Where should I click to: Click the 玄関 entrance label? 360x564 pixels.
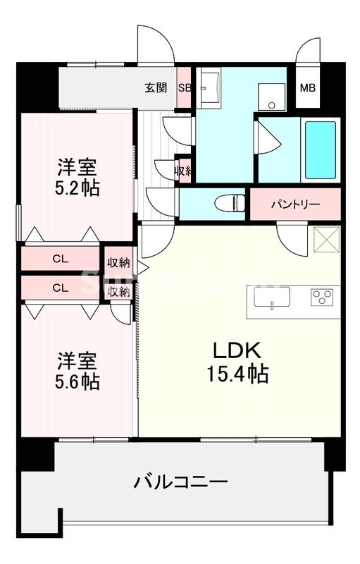[x=156, y=88]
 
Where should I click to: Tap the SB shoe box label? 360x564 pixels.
[x=184, y=88]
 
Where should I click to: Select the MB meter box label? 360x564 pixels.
[x=308, y=88]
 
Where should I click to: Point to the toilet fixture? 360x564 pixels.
[x=230, y=202]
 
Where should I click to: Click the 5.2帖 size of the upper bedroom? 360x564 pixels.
[x=77, y=188]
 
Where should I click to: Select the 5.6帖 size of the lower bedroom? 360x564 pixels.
[x=77, y=381]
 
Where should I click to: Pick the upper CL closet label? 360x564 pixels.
[x=60, y=259]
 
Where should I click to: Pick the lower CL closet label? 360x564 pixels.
[x=60, y=288]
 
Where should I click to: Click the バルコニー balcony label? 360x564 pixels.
[x=181, y=483]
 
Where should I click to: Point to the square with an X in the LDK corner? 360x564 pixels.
[x=325, y=240]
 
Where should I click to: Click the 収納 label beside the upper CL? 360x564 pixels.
[x=118, y=263]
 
